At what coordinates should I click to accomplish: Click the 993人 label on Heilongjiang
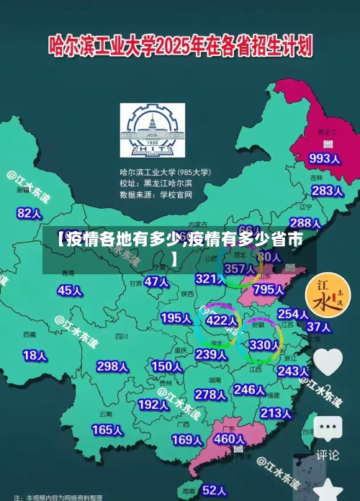(324, 158)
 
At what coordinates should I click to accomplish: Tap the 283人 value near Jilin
(328, 191)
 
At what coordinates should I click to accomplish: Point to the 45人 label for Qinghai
(70, 290)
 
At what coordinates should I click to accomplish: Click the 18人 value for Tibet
(35, 355)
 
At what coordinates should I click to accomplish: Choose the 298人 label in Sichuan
(112, 366)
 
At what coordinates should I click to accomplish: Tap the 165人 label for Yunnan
(107, 430)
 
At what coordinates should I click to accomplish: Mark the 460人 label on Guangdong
(230, 438)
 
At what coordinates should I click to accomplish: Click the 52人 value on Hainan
(215, 490)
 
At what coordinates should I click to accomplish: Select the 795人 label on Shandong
(269, 289)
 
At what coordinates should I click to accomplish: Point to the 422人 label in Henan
(221, 320)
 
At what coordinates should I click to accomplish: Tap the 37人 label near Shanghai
(318, 326)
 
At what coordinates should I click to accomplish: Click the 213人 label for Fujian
(275, 413)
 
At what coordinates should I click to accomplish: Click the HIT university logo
(153, 132)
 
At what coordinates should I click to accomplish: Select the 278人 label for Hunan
(211, 394)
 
